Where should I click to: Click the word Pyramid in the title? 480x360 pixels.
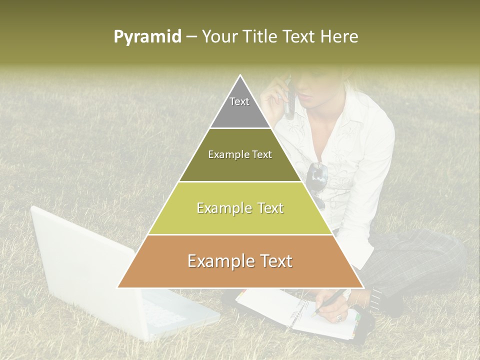(147, 37)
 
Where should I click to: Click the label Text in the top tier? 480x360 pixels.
(239, 101)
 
